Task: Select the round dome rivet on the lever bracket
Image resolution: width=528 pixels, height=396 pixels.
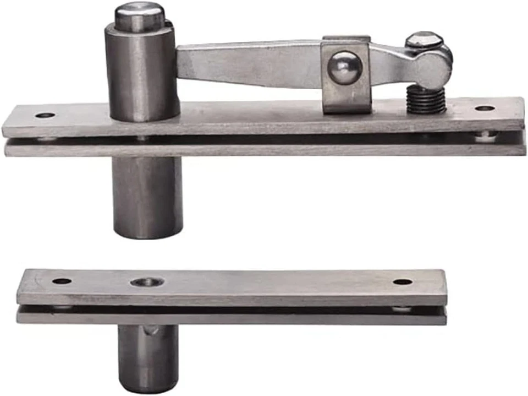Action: click(345, 68)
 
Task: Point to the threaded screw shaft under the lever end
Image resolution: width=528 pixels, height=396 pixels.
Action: click(426, 100)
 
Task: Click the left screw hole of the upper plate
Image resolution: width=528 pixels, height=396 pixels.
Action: click(45, 116)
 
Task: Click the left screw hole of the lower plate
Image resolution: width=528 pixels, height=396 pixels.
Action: click(62, 281)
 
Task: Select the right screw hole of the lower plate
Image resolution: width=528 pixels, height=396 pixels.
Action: click(403, 282)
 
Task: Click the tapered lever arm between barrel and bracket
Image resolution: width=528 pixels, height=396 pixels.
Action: click(248, 63)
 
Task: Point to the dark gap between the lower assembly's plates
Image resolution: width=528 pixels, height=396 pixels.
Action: click(231, 310)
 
